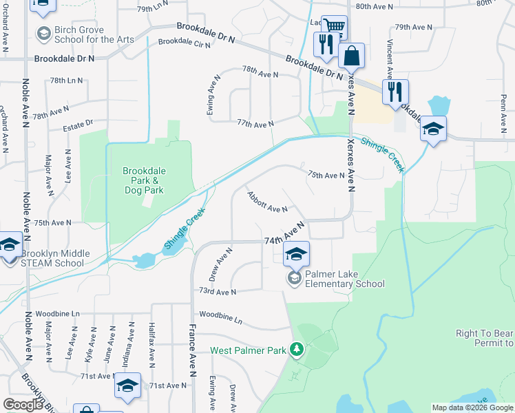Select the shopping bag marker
[x=351, y=56]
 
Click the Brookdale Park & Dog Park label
[x=144, y=180]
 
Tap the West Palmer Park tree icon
[x=297, y=350]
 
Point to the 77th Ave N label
[x=255, y=123]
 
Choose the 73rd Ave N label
[x=217, y=292]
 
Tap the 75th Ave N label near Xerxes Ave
[x=326, y=176]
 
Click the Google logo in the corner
[x=23, y=405]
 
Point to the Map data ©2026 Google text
[x=473, y=407]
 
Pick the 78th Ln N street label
[x=66, y=81]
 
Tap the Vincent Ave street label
[x=390, y=59]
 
